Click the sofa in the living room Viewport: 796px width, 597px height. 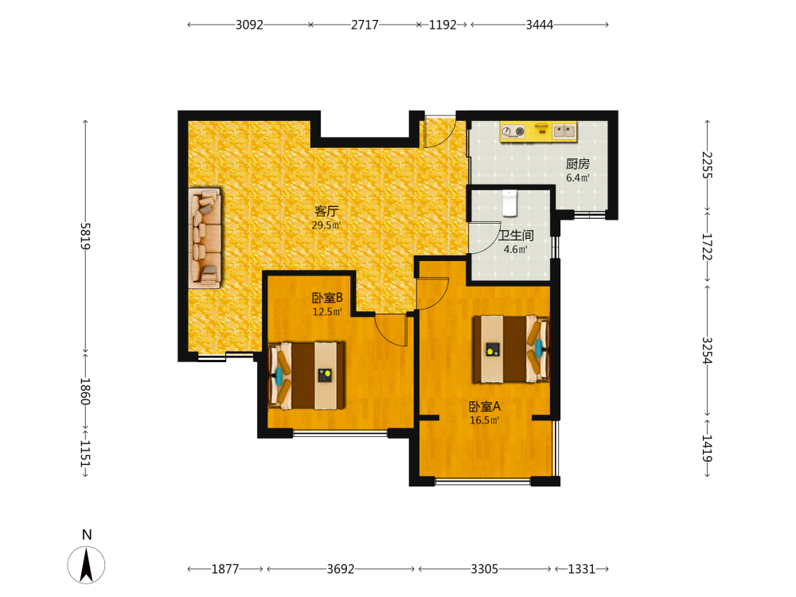point(205,238)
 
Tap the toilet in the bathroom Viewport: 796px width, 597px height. point(509,202)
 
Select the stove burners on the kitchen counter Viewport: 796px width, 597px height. point(513,132)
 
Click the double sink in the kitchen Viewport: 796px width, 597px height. point(564,131)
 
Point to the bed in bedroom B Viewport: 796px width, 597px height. point(306,376)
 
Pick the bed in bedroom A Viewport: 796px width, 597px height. point(511,349)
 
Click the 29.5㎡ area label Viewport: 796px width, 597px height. point(326,225)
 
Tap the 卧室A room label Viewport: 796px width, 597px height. point(484,407)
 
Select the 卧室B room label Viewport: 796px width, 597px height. point(327,298)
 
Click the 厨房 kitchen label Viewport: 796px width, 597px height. point(578,164)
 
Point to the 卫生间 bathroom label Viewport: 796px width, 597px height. point(516,236)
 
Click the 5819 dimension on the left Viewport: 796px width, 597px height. point(85,236)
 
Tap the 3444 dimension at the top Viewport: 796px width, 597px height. point(540,25)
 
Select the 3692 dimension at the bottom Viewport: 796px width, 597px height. point(341,569)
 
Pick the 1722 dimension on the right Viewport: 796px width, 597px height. point(707,246)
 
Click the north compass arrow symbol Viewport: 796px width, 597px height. point(86,565)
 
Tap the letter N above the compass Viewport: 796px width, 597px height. point(87,535)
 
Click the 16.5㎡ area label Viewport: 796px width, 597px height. point(484,420)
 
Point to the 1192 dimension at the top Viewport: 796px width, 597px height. point(443,25)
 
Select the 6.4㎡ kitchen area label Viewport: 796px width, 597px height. point(578,178)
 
